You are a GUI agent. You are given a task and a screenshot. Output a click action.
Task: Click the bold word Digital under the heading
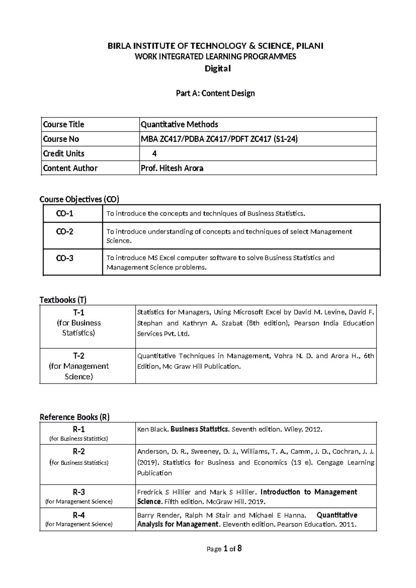(217, 69)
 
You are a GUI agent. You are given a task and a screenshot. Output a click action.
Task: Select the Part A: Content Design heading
(215, 93)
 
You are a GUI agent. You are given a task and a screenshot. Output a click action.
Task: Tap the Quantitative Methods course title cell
(179, 124)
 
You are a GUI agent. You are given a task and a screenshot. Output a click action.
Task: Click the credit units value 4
(154, 154)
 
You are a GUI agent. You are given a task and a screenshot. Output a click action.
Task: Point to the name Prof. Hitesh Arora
(172, 168)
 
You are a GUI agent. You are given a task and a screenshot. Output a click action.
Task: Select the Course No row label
(61, 139)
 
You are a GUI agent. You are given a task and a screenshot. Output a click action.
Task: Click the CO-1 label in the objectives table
(65, 214)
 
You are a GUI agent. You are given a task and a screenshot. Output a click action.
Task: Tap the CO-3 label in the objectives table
(65, 258)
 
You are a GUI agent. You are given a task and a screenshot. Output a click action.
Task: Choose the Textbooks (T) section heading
(63, 300)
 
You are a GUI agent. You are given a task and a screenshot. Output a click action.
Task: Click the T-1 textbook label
(79, 313)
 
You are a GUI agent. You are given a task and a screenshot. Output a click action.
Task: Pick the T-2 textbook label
(79, 356)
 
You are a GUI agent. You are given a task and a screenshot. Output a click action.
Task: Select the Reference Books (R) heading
(75, 417)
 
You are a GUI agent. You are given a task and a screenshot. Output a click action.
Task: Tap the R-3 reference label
(79, 492)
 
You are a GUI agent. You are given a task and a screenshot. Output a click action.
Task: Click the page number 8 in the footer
(240, 548)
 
